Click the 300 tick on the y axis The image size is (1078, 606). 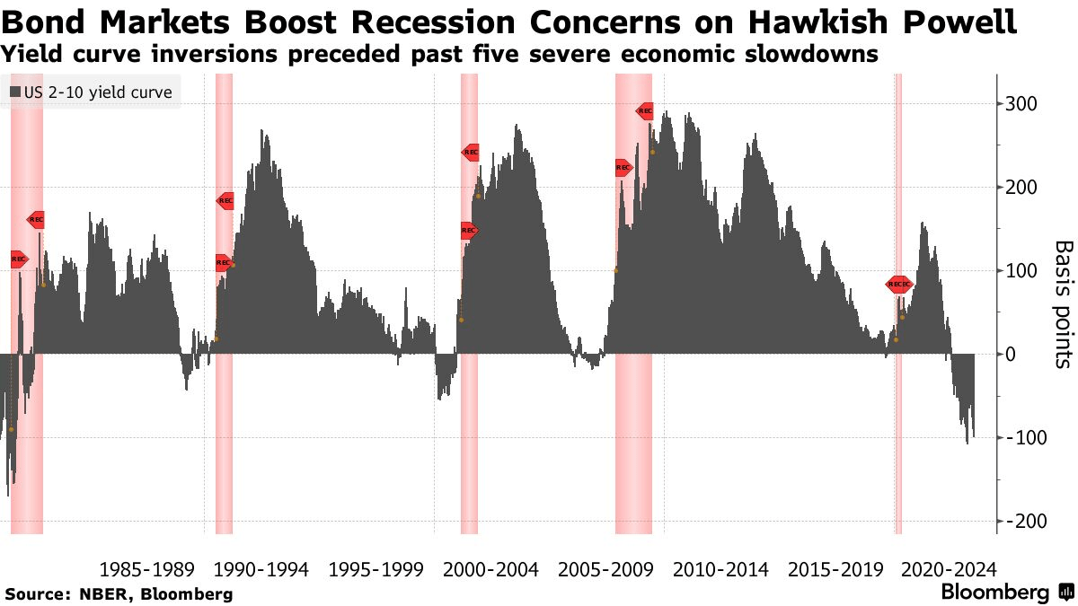(1022, 104)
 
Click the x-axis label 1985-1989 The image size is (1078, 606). (146, 569)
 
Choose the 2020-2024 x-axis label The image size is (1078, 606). (949, 569)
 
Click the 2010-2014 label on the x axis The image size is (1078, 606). (720, 569)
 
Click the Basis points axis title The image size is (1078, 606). (1063, 303)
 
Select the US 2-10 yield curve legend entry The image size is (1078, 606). (93, 92)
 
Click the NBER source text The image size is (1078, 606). (101, 594)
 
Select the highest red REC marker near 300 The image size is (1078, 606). (645, 111)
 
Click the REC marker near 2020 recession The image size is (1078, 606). (899, 285)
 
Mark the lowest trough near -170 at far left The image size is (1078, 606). (8, 494)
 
